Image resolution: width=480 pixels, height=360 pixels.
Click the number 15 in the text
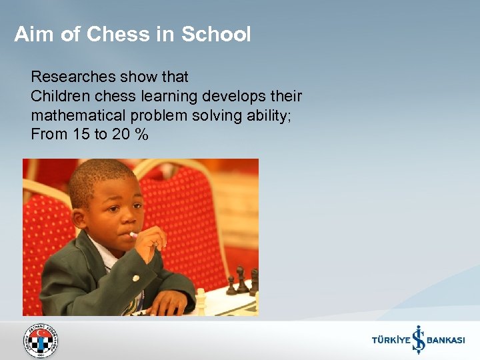81,134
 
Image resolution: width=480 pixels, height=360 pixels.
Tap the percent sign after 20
140,134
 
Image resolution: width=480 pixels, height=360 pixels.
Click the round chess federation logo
41,341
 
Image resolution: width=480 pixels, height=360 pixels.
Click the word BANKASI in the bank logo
445,340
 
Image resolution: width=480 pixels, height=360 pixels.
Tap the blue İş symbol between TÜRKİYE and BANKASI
418,339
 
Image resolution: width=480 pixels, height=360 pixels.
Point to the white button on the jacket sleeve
135,278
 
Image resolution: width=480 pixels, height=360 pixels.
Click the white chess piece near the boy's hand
200,301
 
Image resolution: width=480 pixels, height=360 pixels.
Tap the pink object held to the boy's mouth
133,235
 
